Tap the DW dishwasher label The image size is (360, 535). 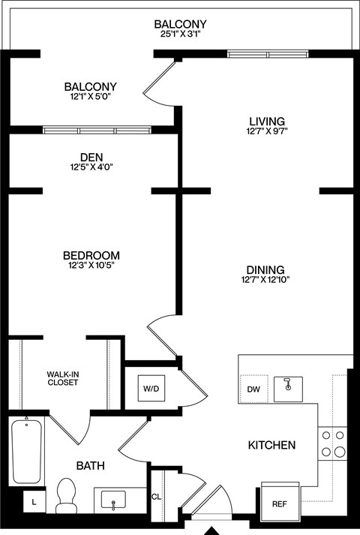253,389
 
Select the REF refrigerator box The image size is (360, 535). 279,503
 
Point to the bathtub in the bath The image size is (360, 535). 26,452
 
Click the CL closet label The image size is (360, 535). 156,496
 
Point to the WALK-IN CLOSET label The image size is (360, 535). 63,377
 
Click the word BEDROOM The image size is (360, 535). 91,255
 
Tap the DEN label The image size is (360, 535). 91,157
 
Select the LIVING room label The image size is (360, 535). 267,121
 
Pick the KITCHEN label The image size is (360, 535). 271,445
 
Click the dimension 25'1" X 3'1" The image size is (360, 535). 180,35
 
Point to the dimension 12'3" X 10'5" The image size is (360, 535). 91,266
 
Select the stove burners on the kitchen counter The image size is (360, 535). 332,443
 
